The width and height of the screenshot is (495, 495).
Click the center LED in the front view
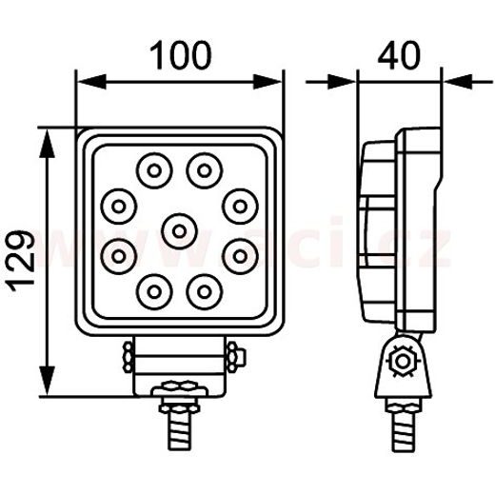click(178, 228)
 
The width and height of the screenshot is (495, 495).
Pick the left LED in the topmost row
click(152, 171)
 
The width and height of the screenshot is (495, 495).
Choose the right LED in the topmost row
click(203, 171)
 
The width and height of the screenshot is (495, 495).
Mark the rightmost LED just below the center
click(239, 254)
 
